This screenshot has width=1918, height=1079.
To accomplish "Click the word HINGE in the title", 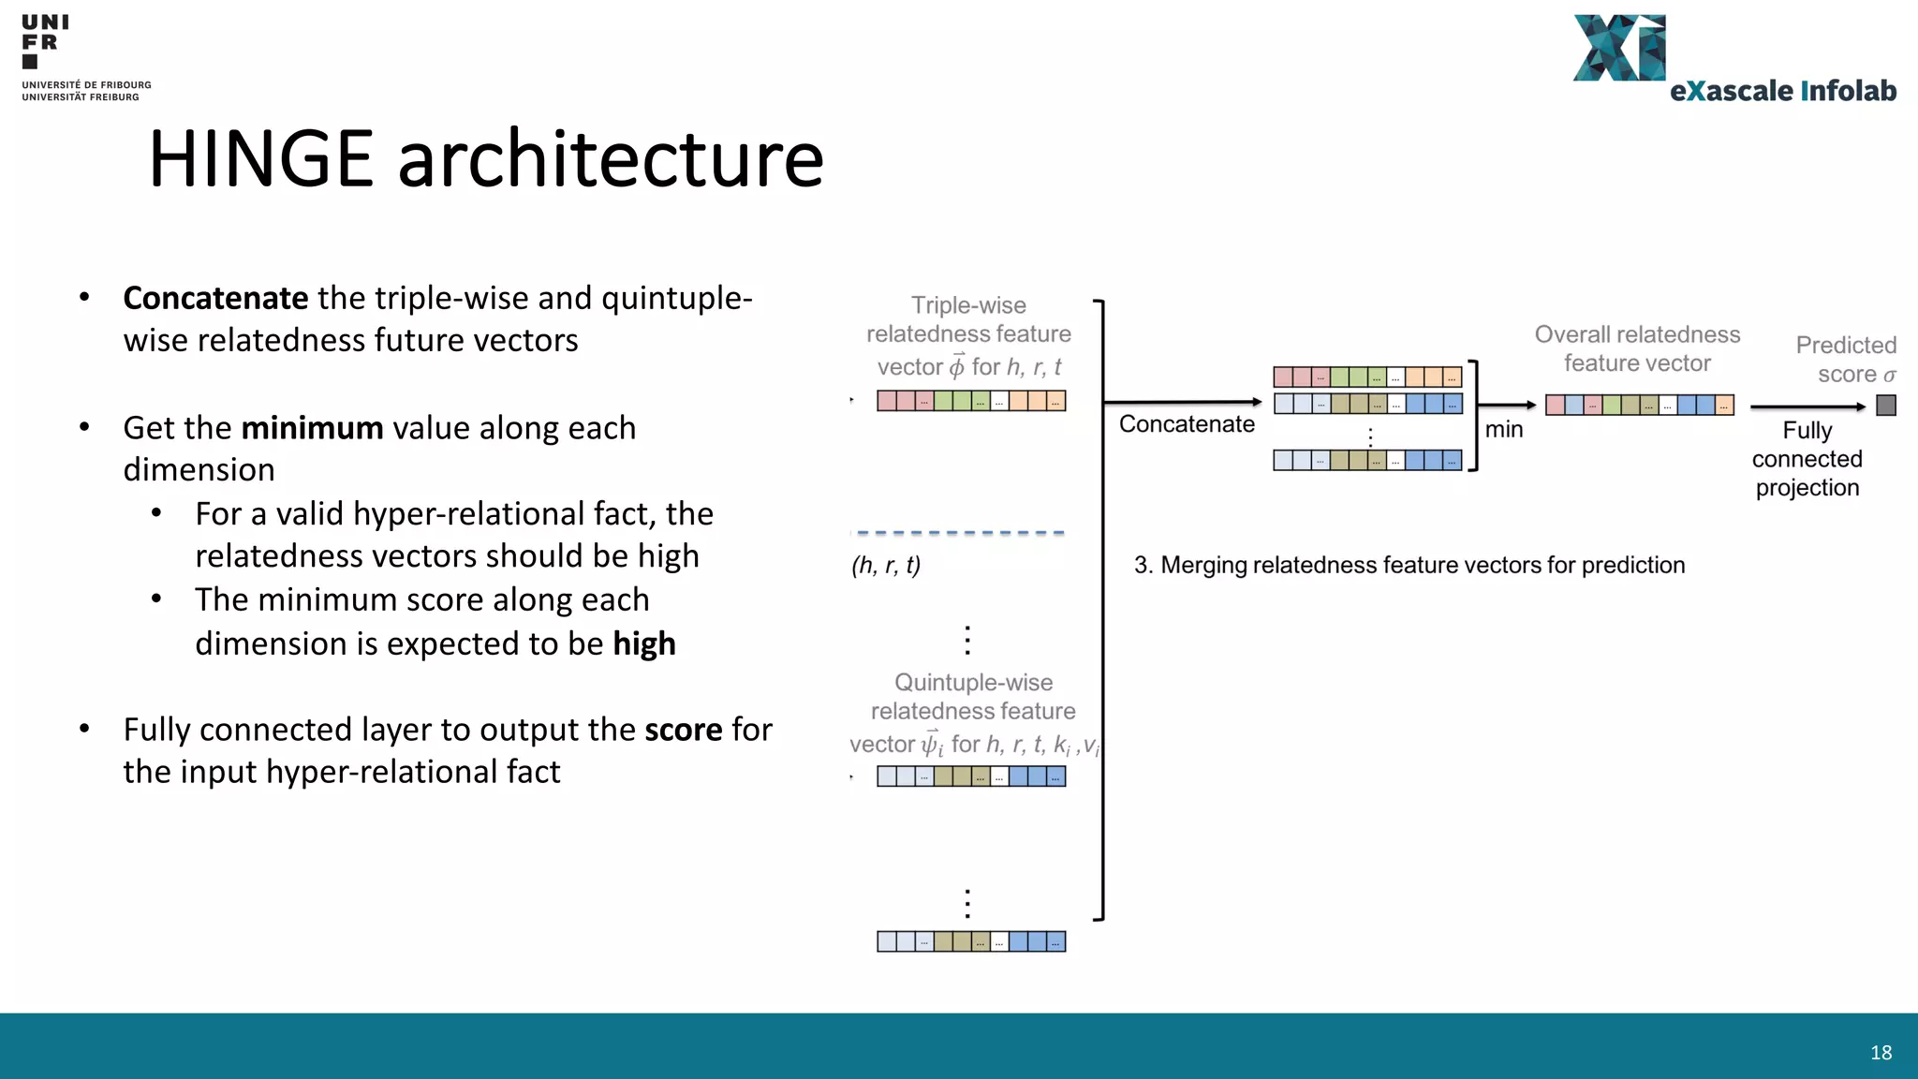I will pos(260,159).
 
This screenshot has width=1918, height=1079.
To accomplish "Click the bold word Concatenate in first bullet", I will pos(215,298).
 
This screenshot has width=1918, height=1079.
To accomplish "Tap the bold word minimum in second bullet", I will pos(312,428).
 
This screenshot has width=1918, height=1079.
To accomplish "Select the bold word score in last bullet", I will pos(683,730).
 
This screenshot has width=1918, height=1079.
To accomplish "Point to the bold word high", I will pos(644,644).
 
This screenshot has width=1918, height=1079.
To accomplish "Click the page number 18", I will pos(1881,1053).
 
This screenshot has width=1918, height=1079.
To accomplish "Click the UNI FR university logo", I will pos(44,42).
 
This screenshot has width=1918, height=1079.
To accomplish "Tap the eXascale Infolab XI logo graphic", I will pos(1618,48).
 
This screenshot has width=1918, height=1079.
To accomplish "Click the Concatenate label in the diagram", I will pos(1187,424).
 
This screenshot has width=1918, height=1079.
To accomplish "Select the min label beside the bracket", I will pos(1504,430).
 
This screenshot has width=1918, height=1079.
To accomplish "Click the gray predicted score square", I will pos(1886,406).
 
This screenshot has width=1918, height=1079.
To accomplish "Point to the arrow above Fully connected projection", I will pos(1807,406).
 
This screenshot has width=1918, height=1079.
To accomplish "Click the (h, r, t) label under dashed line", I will pos(886,566).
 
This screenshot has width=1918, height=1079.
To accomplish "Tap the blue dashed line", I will pos(960,533).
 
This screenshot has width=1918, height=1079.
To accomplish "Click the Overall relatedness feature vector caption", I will pos(1637,348).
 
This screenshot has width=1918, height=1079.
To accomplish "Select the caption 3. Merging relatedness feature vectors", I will pos(1409,566).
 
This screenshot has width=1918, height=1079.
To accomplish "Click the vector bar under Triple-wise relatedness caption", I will pos(971,401).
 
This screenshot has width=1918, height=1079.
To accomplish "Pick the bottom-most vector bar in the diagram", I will pos(971,941).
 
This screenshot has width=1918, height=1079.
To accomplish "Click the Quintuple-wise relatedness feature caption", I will pos(973,698).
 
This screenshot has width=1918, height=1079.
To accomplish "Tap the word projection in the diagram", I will pos(1807,488).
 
